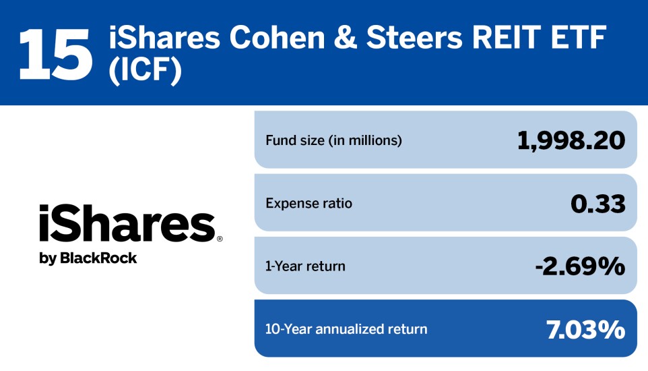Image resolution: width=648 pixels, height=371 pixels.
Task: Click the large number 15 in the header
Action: coord(55,52)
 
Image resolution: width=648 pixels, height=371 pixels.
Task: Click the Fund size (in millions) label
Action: coord(333,140)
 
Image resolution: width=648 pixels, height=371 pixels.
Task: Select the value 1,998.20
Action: coord(571,140)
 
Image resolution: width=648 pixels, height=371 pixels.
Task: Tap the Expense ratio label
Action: coord(309,203)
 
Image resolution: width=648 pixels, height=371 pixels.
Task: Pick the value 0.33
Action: coord(597,203)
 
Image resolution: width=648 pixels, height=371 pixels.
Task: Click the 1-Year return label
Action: coord(305,266)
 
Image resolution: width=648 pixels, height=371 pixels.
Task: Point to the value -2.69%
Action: coord(579,266)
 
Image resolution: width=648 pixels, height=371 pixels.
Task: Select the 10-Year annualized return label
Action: coord(346,329)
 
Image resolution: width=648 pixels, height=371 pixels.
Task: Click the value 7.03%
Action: coord(585,329)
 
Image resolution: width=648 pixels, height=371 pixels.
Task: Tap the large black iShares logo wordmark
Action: coord(127,224)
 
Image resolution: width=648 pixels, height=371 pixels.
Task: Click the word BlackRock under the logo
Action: coord(98,258)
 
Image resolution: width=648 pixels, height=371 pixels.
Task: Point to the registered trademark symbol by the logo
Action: coord(220,239)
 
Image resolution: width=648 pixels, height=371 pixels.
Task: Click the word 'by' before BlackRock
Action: coord(48,258)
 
